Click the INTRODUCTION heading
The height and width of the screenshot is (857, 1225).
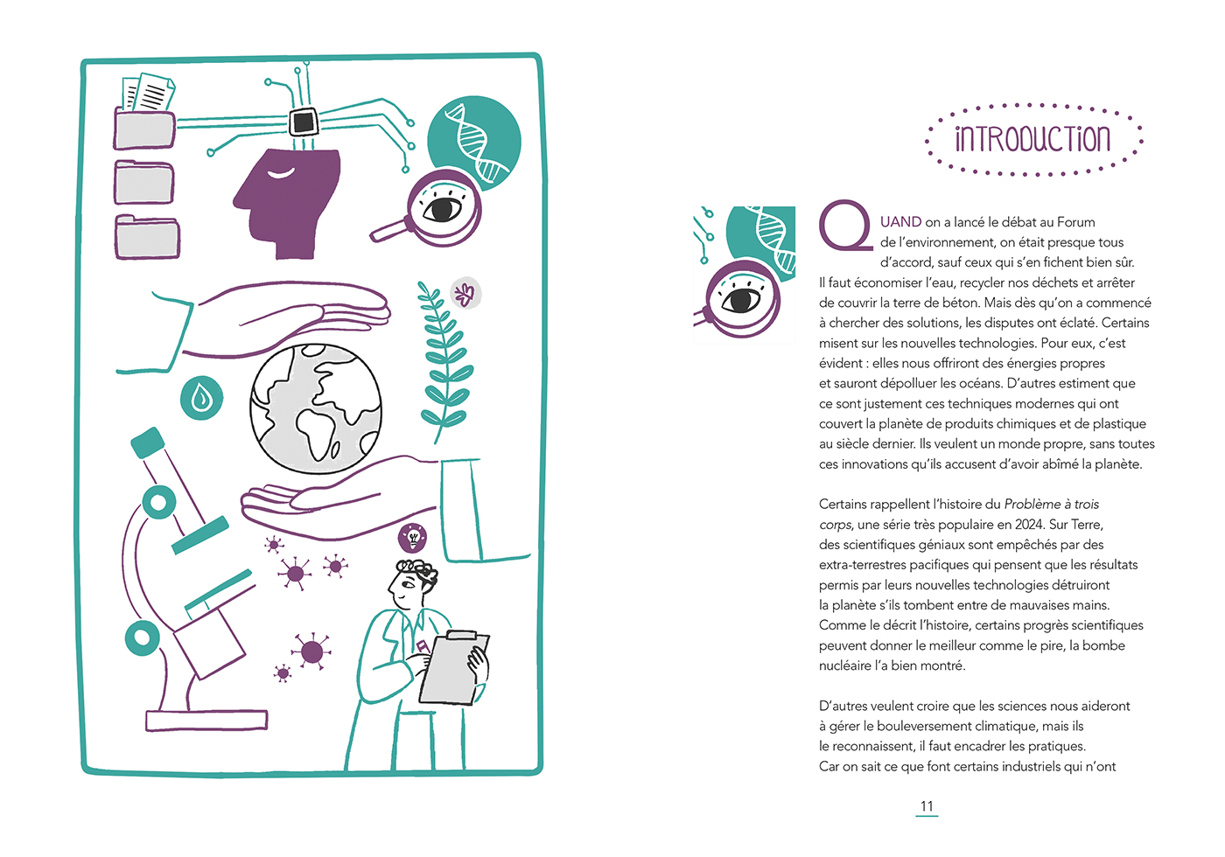[1032, 139]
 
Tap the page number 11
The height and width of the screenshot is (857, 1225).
[927, 806]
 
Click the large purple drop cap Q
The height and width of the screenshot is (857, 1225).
[843, 226]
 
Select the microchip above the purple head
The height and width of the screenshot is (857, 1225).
[304, 121]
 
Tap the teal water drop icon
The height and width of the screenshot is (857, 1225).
[202, 399]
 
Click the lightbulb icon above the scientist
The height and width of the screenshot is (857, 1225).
[412, 536]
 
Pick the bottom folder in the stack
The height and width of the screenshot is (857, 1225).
[147, 237]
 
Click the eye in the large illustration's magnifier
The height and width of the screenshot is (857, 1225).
[443, 209]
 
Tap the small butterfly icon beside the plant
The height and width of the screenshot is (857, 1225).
[465, 294]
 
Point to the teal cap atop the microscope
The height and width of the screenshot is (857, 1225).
[148, 443]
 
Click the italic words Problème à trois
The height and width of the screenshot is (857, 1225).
[1051, 505]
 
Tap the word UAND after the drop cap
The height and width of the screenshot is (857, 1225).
[900, 222]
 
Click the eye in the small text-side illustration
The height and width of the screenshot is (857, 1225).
[742, 300]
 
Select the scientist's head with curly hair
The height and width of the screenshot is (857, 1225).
[411, 582]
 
